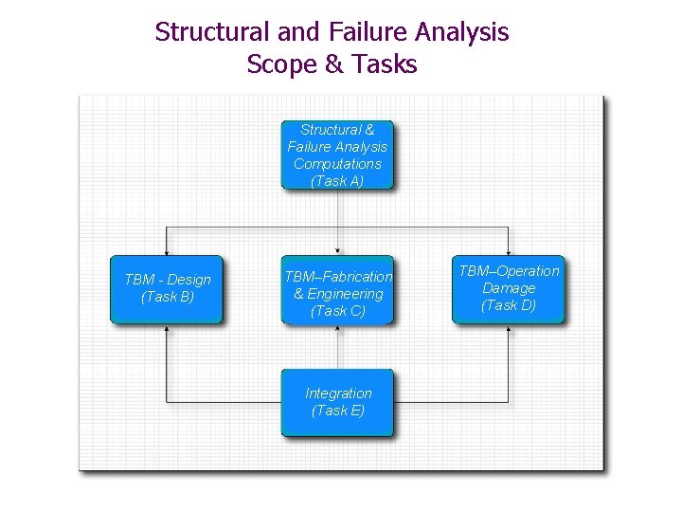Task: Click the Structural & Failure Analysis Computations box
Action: pos(337,155)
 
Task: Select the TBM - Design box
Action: pos(167,289)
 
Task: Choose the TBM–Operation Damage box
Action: pos(508,289)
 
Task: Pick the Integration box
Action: pos(337,402)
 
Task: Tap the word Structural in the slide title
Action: pos(212,32)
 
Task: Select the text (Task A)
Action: pos(337,181)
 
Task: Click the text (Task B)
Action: pos(168,297)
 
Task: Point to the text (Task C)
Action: pos(337,311)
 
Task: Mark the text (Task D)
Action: pos(509,305)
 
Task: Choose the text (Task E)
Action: pos(338,411)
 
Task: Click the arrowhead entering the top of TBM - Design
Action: pos(167,251)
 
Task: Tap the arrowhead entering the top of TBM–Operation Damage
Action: pos(509,251)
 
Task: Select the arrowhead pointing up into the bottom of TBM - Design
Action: pos(167,329)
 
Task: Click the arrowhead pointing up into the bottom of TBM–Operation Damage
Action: pos(509,329)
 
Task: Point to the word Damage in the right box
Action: pos(509,288)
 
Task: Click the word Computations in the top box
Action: pos(337,164)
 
